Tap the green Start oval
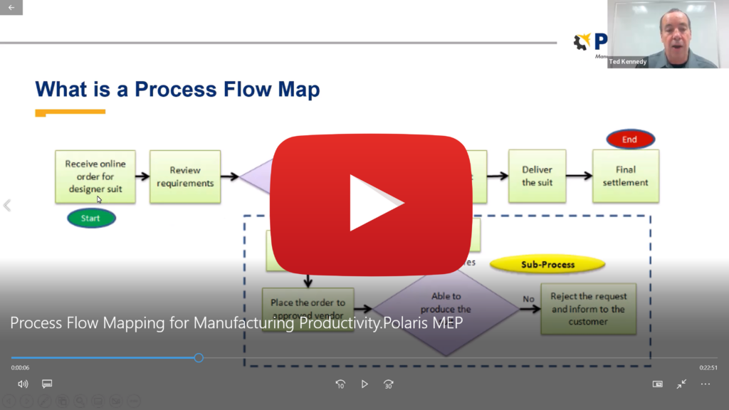(x=91, y=218)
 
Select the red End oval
(x=630, y=140)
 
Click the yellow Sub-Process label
(x=547, y=265)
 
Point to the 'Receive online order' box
(x=95, y=176)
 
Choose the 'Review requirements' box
(x=185, y=177)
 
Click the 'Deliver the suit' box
(x=537, y=176)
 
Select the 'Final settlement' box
(x=626, y=176)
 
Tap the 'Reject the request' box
(x=588, y=310)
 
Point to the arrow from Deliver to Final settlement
(x=579, y=176)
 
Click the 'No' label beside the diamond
(x=528, y=299)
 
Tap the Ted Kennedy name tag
(x=627, y=63)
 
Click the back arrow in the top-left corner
(x=11, y=7)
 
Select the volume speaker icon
(x=23, y=384)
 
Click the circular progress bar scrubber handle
(x=199, y=357)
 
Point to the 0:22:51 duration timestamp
(x=708, y=367)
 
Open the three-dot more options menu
(x=706, y=384)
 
